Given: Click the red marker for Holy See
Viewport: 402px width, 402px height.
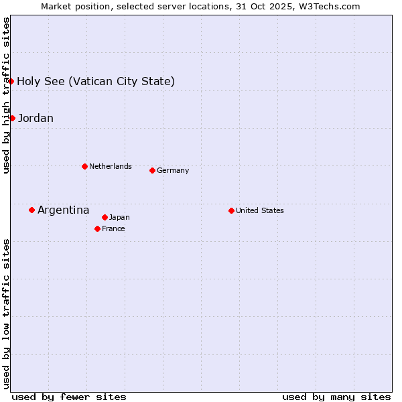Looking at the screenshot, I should pos(11,82).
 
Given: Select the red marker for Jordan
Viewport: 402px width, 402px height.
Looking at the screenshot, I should pos(12,119).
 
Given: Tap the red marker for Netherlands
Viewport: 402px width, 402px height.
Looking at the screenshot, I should pos(84,166).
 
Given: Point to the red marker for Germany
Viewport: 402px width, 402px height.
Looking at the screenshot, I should pos(152,170).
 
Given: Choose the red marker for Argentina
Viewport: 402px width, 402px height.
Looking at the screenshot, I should pos(31,210).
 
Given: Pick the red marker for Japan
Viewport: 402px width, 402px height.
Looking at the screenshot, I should pos(105,217).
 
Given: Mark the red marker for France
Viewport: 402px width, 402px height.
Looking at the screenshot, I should pos(97,228).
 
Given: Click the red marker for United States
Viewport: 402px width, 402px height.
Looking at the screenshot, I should pos(231,210).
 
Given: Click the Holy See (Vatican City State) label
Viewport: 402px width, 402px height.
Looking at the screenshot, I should pos(96,82).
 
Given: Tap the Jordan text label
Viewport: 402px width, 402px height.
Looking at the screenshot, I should pos(36,119).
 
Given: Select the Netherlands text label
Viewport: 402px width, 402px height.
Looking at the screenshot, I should pos(111,166).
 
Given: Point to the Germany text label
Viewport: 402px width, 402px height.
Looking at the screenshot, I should pos(173,170).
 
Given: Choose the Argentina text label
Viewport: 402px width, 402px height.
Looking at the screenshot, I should pos(64,210).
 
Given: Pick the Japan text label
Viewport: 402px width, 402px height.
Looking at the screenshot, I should pos(119,217).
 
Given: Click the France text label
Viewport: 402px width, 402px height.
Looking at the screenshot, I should pos(113,228).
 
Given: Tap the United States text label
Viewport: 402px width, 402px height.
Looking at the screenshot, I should pos(260,210).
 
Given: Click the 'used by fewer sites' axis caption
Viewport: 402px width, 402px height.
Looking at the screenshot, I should pos(69,397).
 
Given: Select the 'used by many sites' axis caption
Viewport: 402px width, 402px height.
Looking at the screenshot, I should pos(336,397).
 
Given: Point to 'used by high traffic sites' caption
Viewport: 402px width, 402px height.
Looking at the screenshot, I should pos(6,95).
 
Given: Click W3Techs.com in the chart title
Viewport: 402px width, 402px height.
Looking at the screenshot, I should pos(328,6).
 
